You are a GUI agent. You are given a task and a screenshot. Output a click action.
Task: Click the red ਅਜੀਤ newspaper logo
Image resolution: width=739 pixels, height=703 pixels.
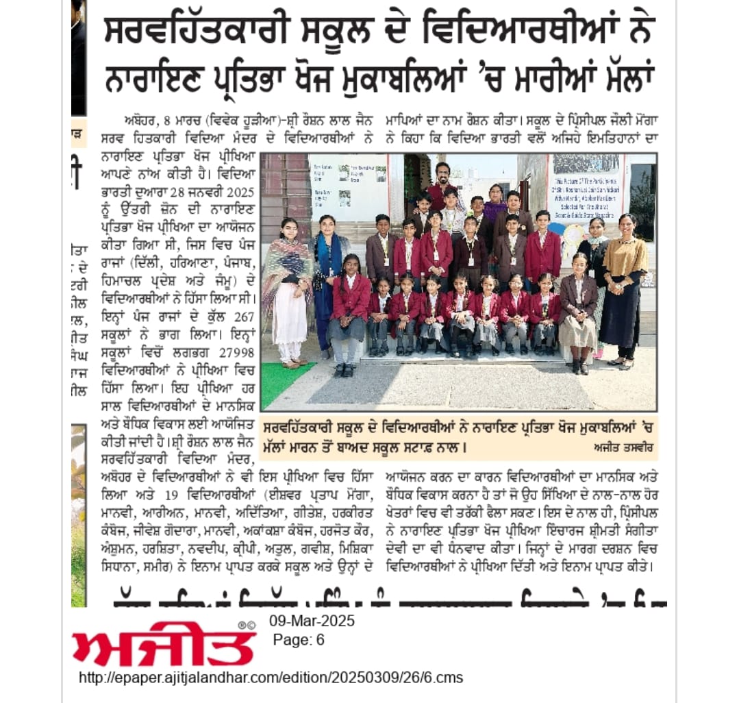click(164, 644)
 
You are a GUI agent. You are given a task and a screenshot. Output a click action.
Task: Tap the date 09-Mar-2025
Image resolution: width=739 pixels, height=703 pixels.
click(311, 622)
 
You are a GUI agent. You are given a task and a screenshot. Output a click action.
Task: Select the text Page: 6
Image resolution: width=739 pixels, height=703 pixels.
click(299, 640)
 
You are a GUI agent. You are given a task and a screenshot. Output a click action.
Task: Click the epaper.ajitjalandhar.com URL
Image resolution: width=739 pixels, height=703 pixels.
click(271, 678)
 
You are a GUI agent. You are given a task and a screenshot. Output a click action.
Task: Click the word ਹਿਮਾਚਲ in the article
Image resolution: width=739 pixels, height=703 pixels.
click(128, 280)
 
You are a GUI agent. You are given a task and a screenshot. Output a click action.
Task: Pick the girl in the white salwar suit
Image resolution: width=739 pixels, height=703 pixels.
click(287, 288)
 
